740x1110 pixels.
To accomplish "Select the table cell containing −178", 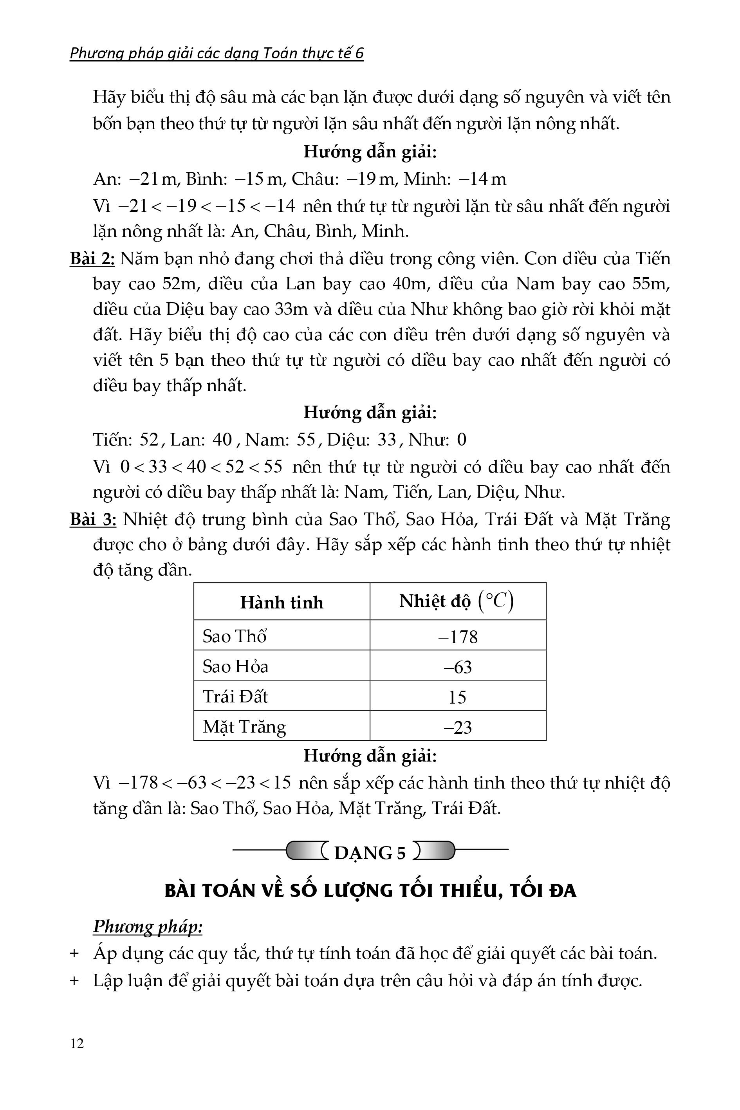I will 458,637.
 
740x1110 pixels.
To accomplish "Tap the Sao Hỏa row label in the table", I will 235,666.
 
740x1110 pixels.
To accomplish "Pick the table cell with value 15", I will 457,697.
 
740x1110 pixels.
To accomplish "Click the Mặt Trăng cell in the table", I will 244,727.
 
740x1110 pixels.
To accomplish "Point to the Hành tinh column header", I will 282,602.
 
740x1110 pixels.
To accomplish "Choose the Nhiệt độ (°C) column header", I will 457,601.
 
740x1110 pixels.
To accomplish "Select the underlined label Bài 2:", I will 92,259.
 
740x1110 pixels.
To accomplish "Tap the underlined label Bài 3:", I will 93,519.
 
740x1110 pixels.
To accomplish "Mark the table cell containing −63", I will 458,667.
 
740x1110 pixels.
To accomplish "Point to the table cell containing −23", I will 458,727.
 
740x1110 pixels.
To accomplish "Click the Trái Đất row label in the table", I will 235,697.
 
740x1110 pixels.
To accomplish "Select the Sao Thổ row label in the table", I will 235,636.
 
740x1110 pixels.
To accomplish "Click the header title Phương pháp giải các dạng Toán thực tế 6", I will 217,53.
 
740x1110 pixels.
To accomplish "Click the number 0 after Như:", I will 462,440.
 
